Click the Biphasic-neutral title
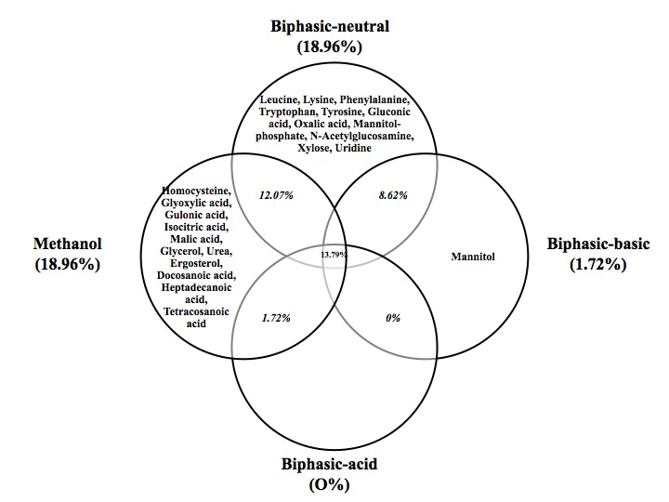tap(330, 26)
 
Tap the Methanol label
tap(68, 244)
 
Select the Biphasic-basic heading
tap(598, 244)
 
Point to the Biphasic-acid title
tap(329, 464)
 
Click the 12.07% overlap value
tap(276, 195)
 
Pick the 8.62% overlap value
tap(393, 195)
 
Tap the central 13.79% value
tap(334, 255)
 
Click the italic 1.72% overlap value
tap(276, 318)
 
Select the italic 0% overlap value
tap(393, 318)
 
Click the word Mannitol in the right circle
tap(473, 257)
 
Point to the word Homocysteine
tap(196, 191)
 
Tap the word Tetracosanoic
tap(196, 311)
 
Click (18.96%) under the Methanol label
tap(68, 264)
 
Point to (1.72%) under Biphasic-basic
tap(598, 264)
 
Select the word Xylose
tap(314, 148)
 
